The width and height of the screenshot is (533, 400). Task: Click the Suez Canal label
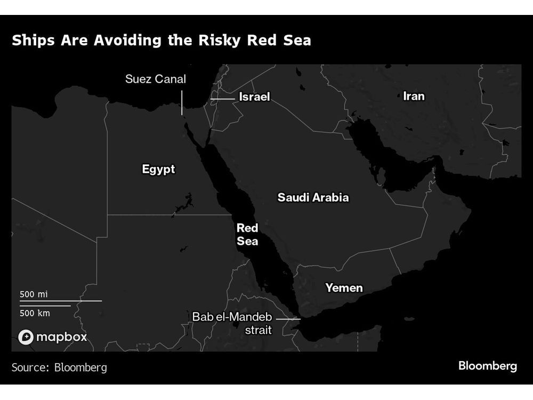[156, 79]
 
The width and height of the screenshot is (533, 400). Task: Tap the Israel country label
[254, 97]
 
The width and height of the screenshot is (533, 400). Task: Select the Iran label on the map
[414, 96]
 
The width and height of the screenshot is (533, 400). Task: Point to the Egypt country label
[158, 170]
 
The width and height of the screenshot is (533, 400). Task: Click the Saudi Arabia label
[313, 197]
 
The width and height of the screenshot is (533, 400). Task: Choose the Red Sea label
[247, 235]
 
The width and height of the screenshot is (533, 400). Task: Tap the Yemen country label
[344, 288]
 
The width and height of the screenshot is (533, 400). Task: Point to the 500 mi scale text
[34, 294]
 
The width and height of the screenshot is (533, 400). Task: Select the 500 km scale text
[35, 313]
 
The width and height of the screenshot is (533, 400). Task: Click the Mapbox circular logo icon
[26, 337]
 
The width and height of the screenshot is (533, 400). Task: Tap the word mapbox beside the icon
[62, 337]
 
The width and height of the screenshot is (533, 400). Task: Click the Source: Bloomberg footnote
[59, 367]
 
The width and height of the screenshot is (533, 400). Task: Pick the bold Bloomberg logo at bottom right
[488, 366]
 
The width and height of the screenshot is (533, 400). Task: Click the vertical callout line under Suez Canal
[182, 102]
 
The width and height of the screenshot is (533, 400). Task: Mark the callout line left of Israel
[222, 99]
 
